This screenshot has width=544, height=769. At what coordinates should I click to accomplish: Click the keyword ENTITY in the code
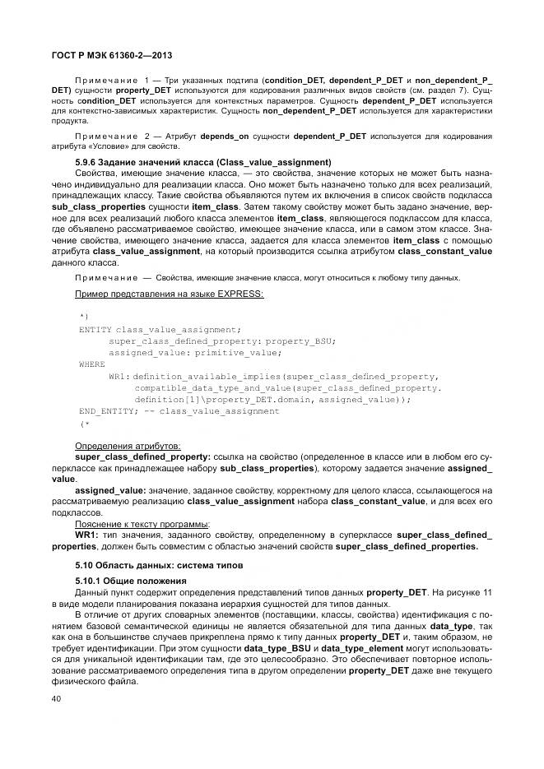point(95,328)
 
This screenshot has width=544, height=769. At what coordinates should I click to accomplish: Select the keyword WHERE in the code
point(92,363)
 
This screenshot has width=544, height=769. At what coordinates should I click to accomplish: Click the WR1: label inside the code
point(119,375)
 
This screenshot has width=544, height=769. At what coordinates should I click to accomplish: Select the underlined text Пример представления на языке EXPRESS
point(170,294)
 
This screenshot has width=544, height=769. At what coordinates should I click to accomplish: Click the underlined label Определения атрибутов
point(128,445)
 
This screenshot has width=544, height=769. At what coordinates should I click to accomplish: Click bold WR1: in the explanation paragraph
point(86,534)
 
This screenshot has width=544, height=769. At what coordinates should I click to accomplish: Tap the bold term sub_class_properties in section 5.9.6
point(119,209)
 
